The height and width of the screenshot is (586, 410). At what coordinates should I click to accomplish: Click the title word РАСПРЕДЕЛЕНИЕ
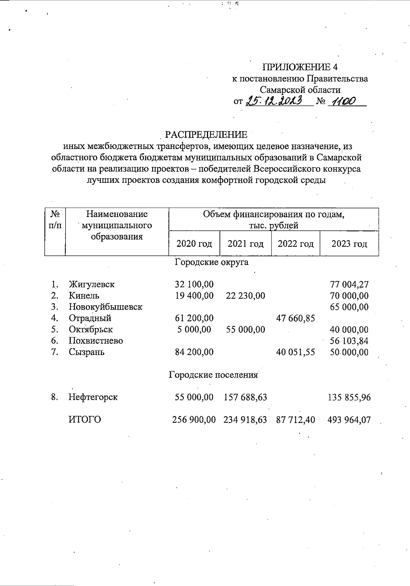pos(206,135)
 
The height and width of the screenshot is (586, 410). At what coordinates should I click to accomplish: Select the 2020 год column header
pos(194,244)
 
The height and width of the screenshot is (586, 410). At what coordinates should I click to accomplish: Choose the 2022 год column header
pos(296,244)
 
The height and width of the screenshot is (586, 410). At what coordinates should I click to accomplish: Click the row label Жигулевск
pos(92,284)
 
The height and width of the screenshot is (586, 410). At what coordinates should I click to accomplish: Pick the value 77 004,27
pos(349,284)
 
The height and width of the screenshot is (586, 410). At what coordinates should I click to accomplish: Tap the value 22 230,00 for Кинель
pos(245,296)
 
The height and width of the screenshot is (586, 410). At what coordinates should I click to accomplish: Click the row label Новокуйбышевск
pos(105,307)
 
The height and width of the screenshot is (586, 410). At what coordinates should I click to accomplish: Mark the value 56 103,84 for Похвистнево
pos(349,341)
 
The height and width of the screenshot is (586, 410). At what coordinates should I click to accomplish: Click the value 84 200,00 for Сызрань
pos(194,352)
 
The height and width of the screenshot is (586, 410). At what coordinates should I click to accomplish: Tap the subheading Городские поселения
pos(213,375)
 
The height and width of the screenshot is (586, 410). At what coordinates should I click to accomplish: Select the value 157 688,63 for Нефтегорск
pos(245,397)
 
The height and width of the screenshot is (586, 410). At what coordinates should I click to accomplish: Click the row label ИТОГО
pos(85,420)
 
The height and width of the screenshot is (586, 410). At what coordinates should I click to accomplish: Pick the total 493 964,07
pos(349,420)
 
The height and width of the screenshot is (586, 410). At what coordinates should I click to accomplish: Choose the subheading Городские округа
pos(211,262)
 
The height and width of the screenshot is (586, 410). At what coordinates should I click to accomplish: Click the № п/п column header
pos(55,220)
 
